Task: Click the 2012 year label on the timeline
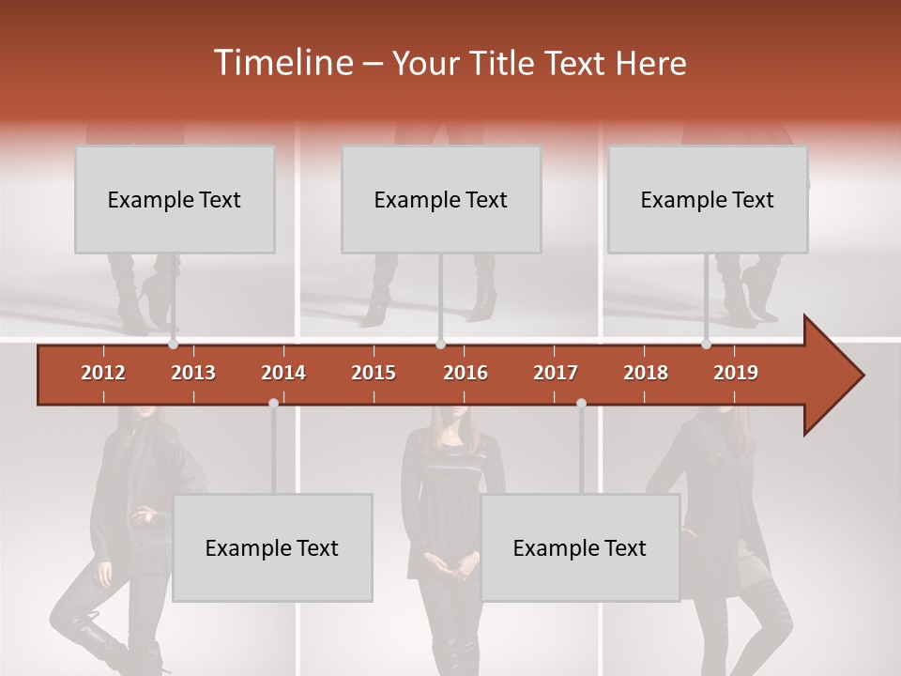(x=103, y=373)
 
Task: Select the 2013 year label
(x=193, y=373)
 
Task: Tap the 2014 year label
(x=283, y=373)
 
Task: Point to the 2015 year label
(x=374, y=373)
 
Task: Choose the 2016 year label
(x=466, y=373)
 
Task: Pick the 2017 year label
(x=556, y=373)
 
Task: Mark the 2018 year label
(x=646, y=373)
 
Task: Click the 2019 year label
(x=736, y=373)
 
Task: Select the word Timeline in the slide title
(x=283, y=63)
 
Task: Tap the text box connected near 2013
(x=175, y=199)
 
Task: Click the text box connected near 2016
(x=441, y=199)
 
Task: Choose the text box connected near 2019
(x=708, y=199)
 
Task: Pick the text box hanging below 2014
(x=272, y=547)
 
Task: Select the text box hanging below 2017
(x=580, y=547)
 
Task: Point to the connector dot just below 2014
(x=273, y=403)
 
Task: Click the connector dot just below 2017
(x=581, y=403)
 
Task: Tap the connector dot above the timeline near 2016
(x=440, y=345)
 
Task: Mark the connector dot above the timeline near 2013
(x=174, y=345)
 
